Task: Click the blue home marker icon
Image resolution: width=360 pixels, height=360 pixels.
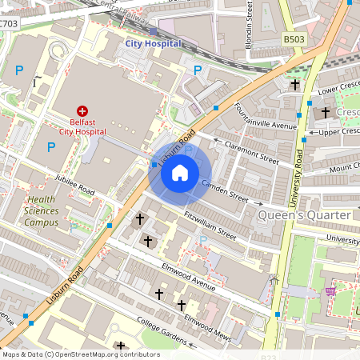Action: (x=180, y=172)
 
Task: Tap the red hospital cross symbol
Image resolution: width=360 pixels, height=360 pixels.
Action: (x=82, y=111)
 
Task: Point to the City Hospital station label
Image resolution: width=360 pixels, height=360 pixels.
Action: (x=153, y=44)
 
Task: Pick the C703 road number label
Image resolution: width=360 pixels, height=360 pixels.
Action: (x=8, y=23)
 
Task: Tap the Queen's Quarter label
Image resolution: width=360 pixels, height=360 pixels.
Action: (x=305, y=215)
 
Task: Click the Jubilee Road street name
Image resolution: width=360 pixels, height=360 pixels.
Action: (x=75, y=185)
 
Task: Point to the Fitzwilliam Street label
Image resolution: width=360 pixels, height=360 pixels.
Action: (x=210, y=225)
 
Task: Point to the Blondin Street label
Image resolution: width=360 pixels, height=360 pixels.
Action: (x=250, y=19)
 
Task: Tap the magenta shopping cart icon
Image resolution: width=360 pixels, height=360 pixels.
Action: (x=331, y=292)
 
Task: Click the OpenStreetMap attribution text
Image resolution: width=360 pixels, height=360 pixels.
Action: (x=80, y=354)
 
